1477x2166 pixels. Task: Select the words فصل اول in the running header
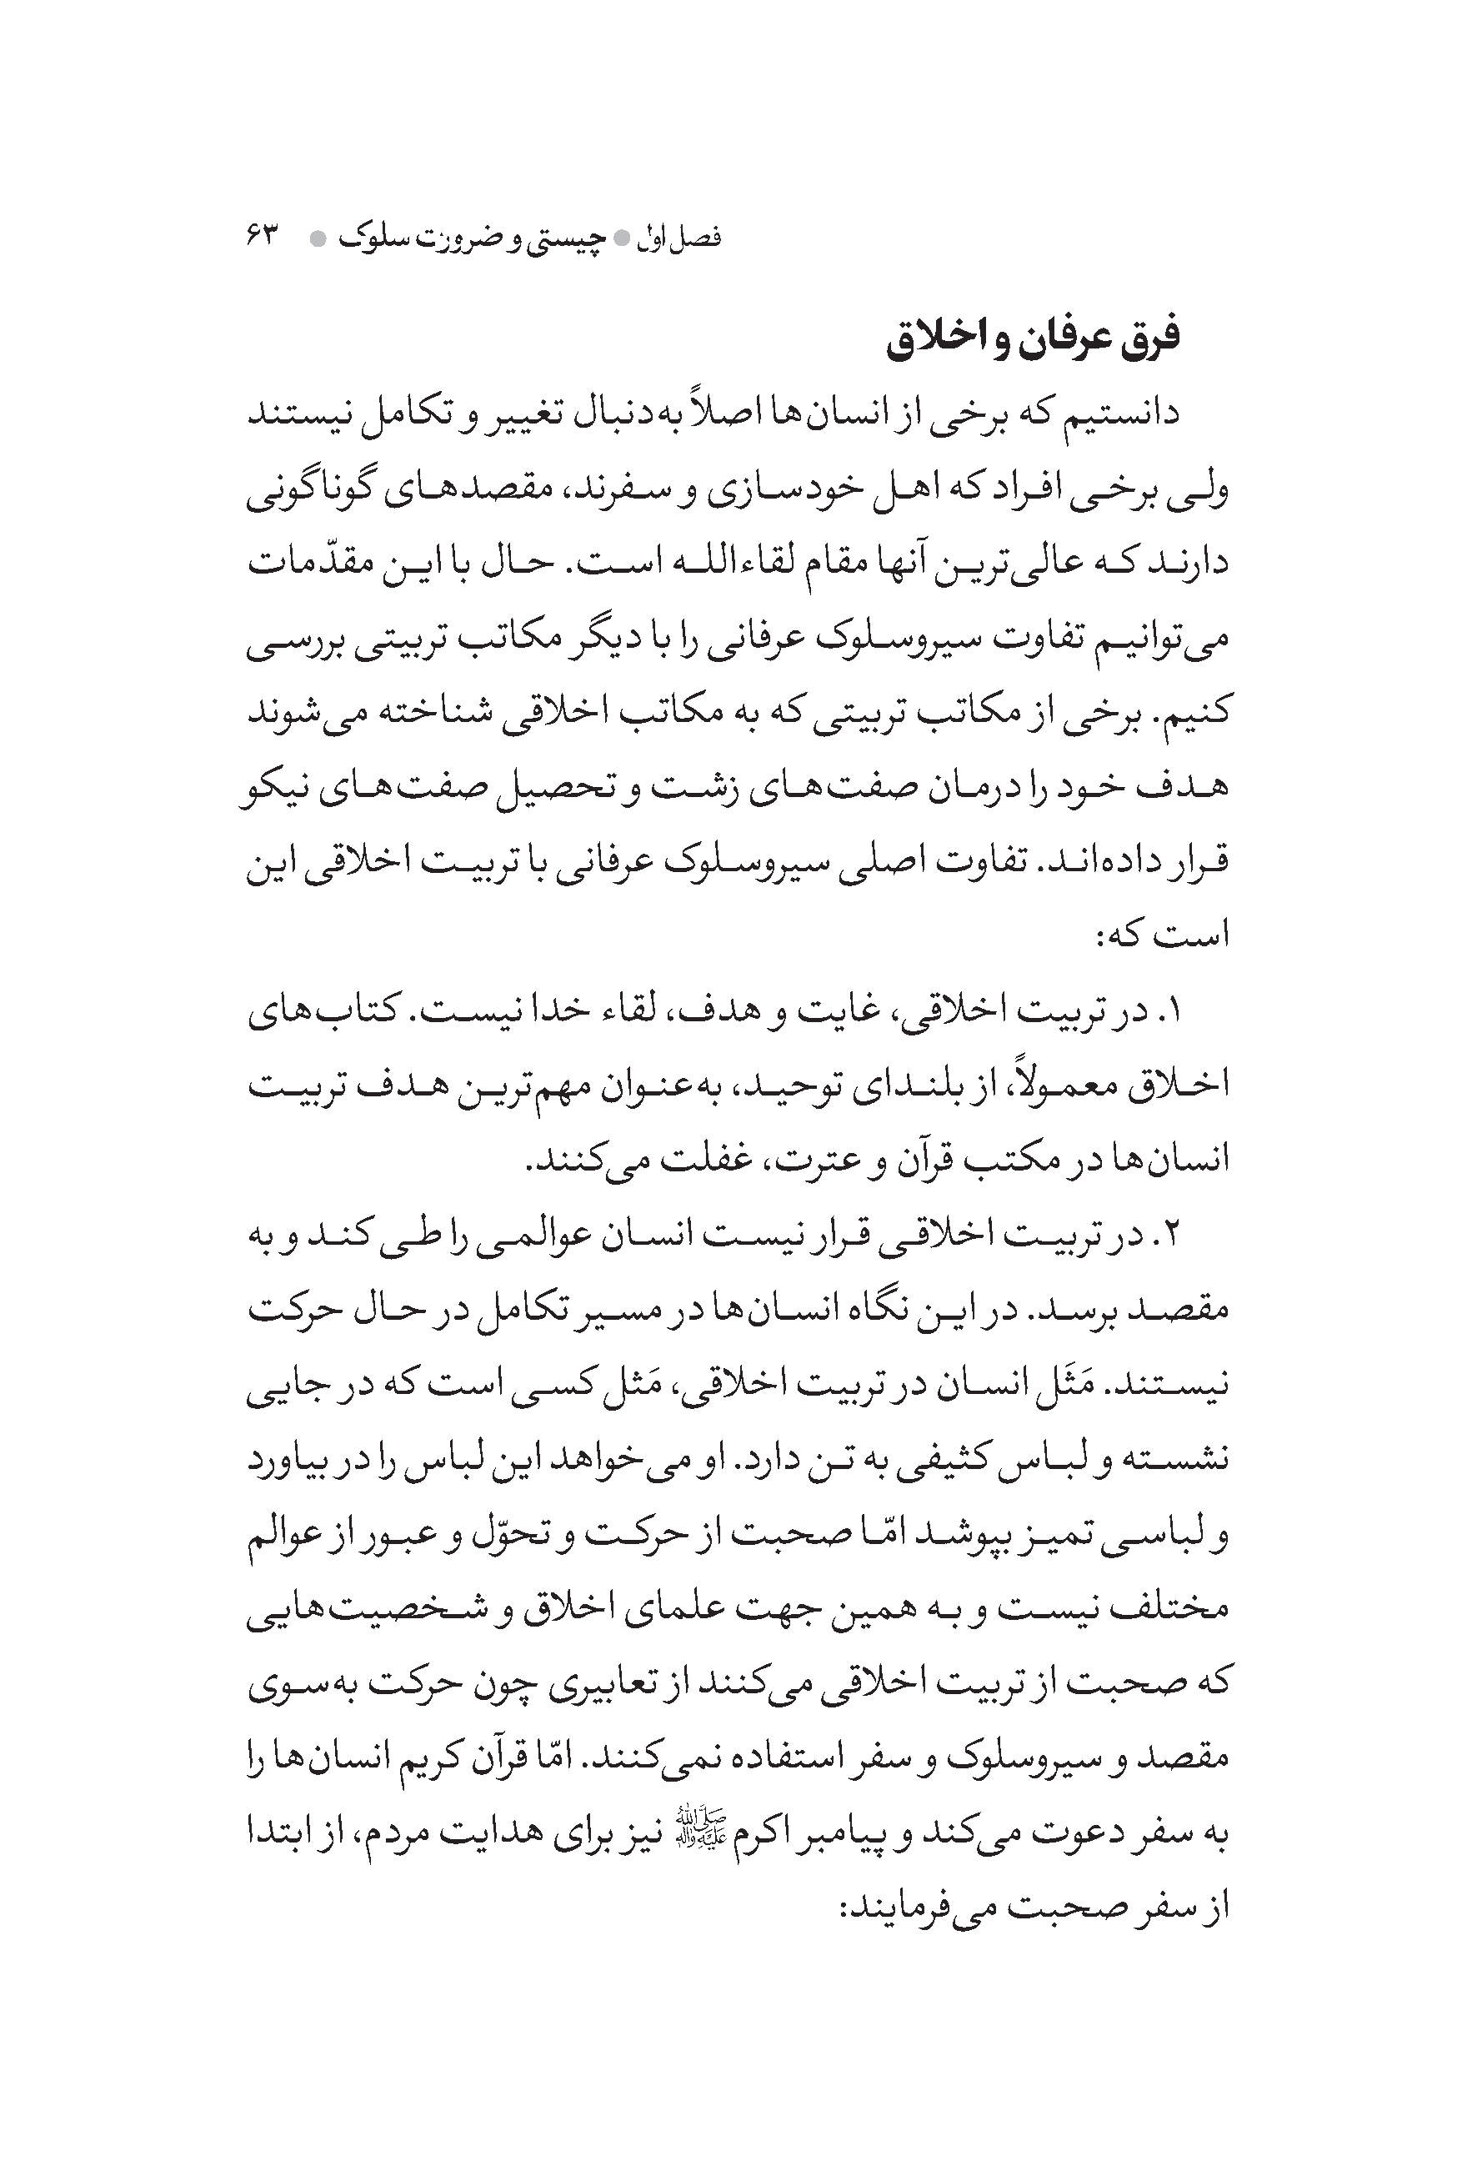coord(688,238)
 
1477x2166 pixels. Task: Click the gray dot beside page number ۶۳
coord(318,239)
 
